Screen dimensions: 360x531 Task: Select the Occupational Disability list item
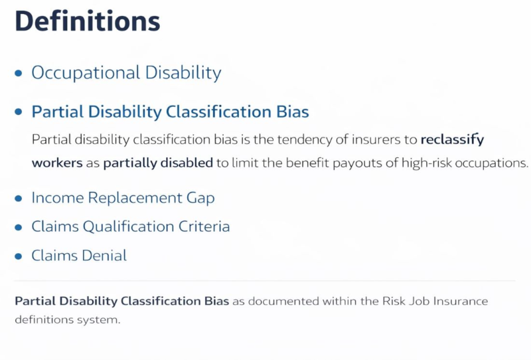pyautogui.click(x=126, y=72)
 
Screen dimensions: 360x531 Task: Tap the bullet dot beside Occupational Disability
pyautogui.click(x=19, y=73)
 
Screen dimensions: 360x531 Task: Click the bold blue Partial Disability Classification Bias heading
pyautogui.click(x=170, y=112)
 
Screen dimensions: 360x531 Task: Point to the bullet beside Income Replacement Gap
pyautogui.click(x=19, y=198)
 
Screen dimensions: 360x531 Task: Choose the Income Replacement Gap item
pyautogui.click(x=123, y=197)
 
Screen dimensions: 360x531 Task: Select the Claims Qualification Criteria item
pyautogui.click(x=131, y=226)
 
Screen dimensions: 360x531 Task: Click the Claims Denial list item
pyautogui.click(x=79, y=255)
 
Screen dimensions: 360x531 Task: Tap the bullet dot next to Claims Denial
pyautogui.click(x=19, y=256)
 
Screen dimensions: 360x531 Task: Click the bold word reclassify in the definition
pyautogui.click(x=453, y=140)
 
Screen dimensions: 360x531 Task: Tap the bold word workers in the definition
pyautogui.click(x=56, y=163)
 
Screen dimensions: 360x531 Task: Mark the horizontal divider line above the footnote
pyautogui.click(x=265, y=280)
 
